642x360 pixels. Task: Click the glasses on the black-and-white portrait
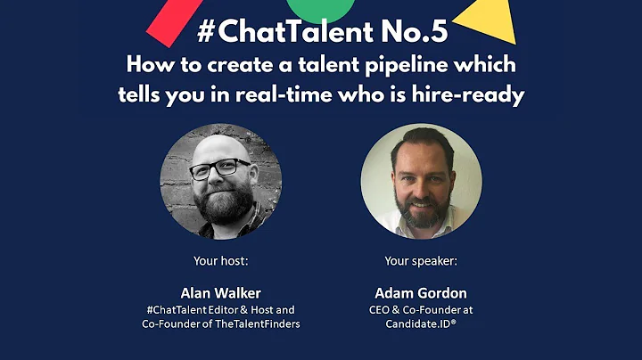220,168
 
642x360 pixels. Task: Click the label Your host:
220,261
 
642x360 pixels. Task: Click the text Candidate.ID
416,324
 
